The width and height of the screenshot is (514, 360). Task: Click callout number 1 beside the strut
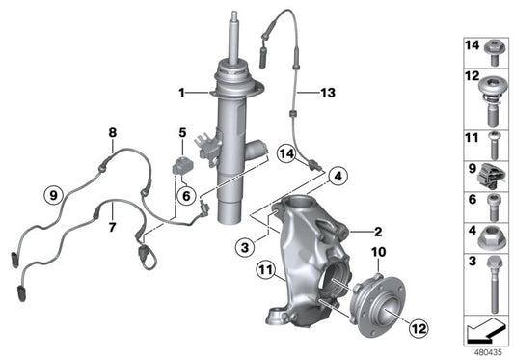(x=180, y=93)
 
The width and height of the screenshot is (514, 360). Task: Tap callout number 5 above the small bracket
(x=181, y=131)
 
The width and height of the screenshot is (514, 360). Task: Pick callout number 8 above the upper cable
(x=112, y=131)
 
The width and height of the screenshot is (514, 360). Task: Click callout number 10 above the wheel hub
(x=377, y=252)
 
